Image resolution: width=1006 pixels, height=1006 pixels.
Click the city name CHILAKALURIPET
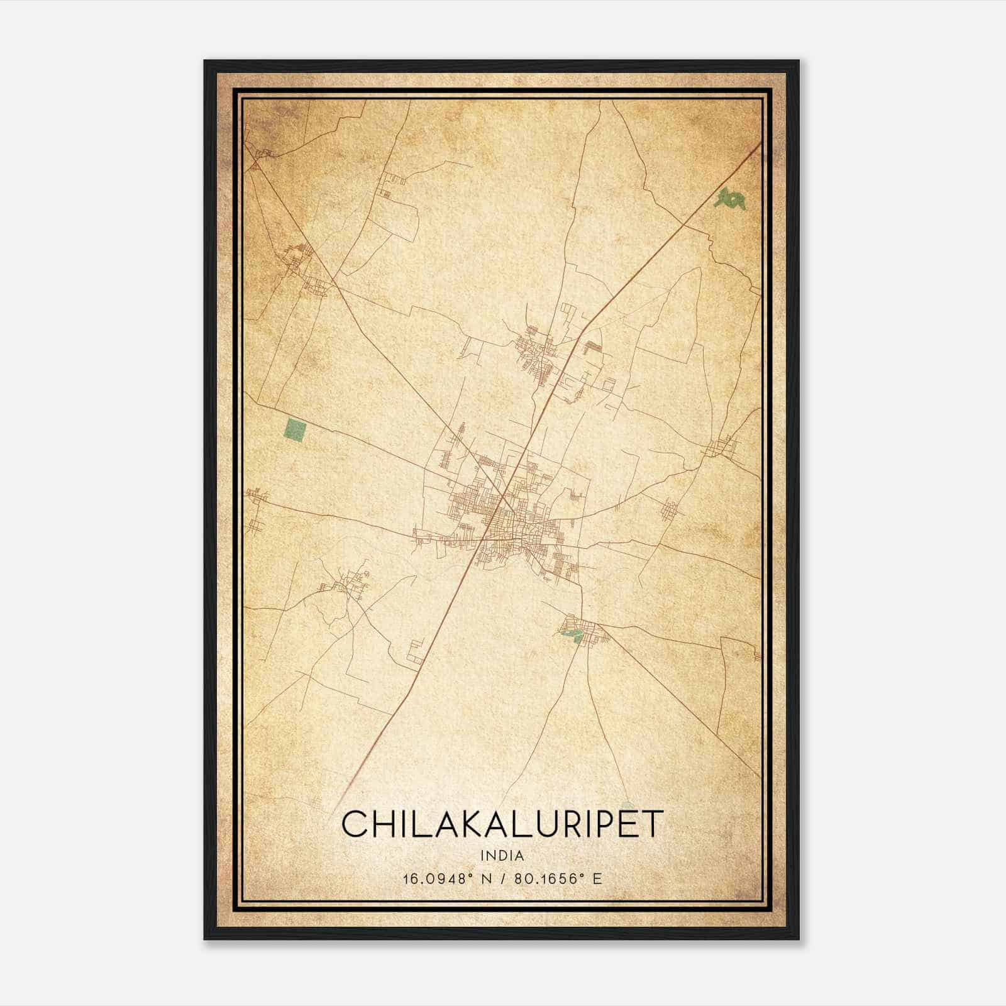click(x=502, y=824)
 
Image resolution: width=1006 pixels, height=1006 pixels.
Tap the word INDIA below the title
click(x=502, y=856)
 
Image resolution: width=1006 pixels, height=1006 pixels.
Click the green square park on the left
click(x=295, y=431)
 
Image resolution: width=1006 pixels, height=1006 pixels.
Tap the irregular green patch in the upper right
click(x=731, y=199)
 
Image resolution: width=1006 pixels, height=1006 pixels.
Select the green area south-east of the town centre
click(x=572, y=636)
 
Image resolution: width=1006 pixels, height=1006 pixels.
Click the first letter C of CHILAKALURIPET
click(x=354, y=824)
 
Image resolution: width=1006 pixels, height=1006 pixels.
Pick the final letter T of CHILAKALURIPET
click(x=652, y=824)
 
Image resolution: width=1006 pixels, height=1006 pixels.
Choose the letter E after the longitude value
click(x=598, y=878)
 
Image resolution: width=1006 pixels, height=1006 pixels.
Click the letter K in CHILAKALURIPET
click(x=468, y=824)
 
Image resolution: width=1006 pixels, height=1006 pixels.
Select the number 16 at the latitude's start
click(x=411, y=878)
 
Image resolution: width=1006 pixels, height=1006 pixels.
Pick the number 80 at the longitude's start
click(x=522, y=878)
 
